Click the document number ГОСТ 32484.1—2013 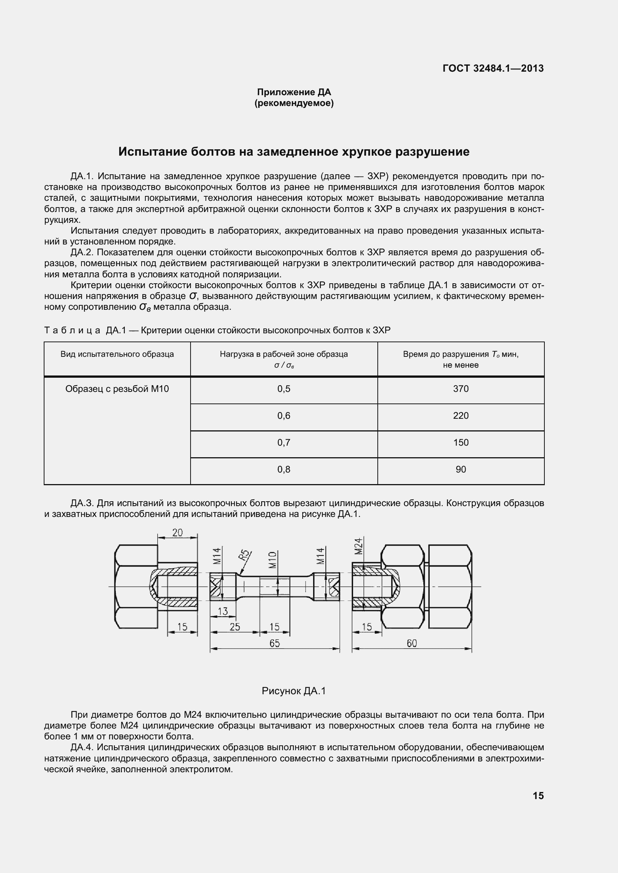pos(493,68)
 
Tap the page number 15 pos(538,796)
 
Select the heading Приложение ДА pos(294,92)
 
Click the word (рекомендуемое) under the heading pos(294,103)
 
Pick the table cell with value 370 pos(460,389)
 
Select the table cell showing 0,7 pos(284,443)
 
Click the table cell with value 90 pos(460,470)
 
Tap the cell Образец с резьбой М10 pos(117,389)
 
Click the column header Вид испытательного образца pos(117,354)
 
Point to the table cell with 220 pos(460,415)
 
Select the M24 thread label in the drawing pos(358,546)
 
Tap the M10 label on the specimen pos(272,560)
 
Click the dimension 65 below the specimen pos(274,643)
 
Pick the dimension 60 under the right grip pos(411,643)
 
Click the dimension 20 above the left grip pos(177,533)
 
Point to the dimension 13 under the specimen pos(223,611)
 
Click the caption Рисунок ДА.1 pos(293,691)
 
